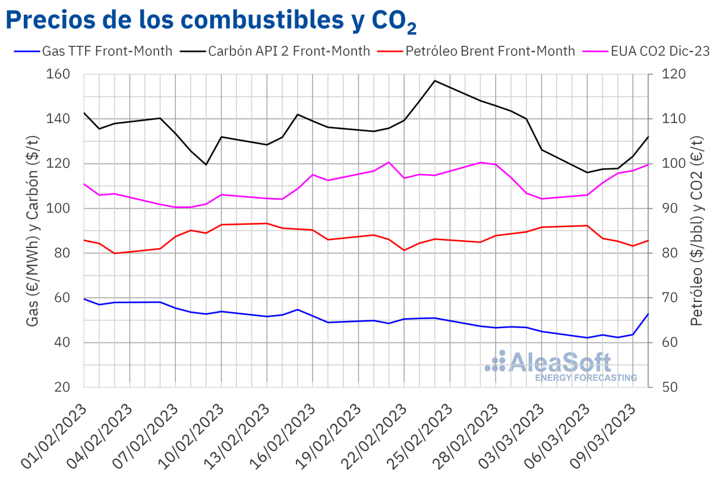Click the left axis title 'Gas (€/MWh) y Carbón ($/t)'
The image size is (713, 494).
(x=33, y=231)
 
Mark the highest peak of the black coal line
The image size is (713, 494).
(x=435, y=80)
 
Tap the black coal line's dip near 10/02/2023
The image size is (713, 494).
(x=206, y=165)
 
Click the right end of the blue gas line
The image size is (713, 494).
(x=648, y=314)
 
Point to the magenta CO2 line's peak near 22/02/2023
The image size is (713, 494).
(x=389, y=162)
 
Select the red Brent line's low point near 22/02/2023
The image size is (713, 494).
(x=404, y=250)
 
